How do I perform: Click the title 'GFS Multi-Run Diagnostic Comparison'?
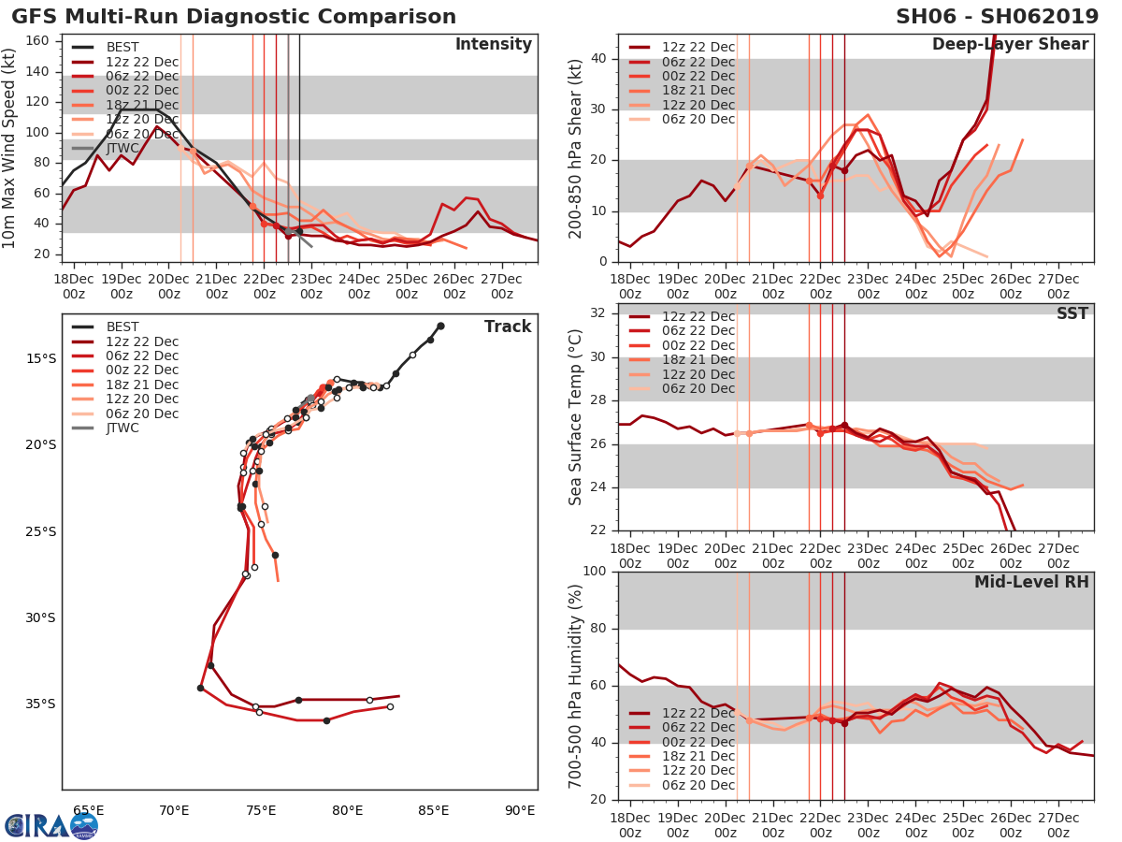click(x=234, y=17)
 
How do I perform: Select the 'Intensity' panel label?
click(x=493, y=45)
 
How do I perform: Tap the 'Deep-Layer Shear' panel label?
click(x=1010, y=45)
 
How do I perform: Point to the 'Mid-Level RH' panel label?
click(x=1031, y=582)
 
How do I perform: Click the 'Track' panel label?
click(x=508, y=327)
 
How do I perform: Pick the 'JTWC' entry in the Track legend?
click(x=122, y=428)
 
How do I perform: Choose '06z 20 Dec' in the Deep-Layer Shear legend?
click(x=698, y=119)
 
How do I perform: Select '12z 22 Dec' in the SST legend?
click(x=698, y=316)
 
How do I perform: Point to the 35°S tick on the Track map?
click(x=41, y=704)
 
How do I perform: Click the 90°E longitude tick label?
click(x=520, y=810)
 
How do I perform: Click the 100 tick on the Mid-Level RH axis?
click(x=592, y=572)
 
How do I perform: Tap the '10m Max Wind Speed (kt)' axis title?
click(x=10, y=150)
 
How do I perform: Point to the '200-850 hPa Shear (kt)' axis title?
click(x=576, y=148)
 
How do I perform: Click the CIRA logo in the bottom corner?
click(x=50, y=825)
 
